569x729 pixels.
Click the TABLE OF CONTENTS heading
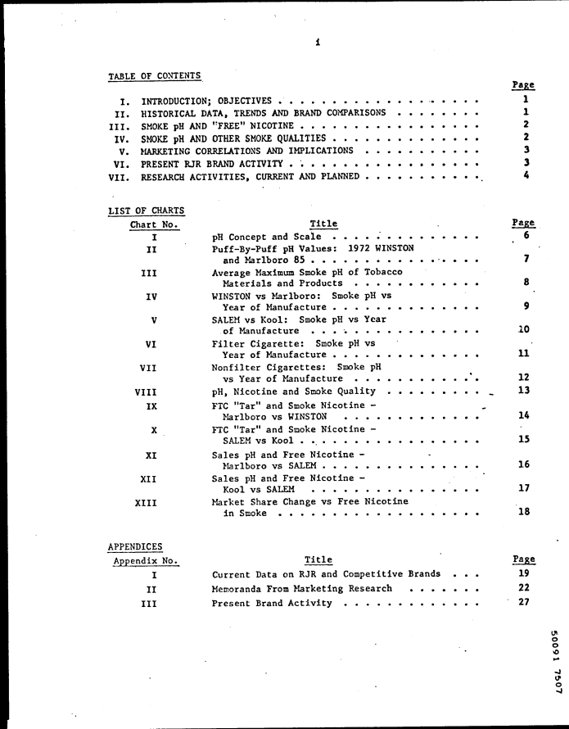pos(155,76)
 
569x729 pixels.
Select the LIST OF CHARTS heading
pos(146,211)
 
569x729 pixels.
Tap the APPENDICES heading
pos(135,546)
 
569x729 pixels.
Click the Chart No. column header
pos(154,224)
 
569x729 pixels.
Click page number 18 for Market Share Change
pos(525,512)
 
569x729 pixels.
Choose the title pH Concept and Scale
pos(266,237)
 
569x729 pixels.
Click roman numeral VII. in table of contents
pos(120,176)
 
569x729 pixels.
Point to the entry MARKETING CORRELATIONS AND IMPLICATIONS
pos(247,151)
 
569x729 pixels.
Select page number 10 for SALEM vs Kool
pos(525,330)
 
